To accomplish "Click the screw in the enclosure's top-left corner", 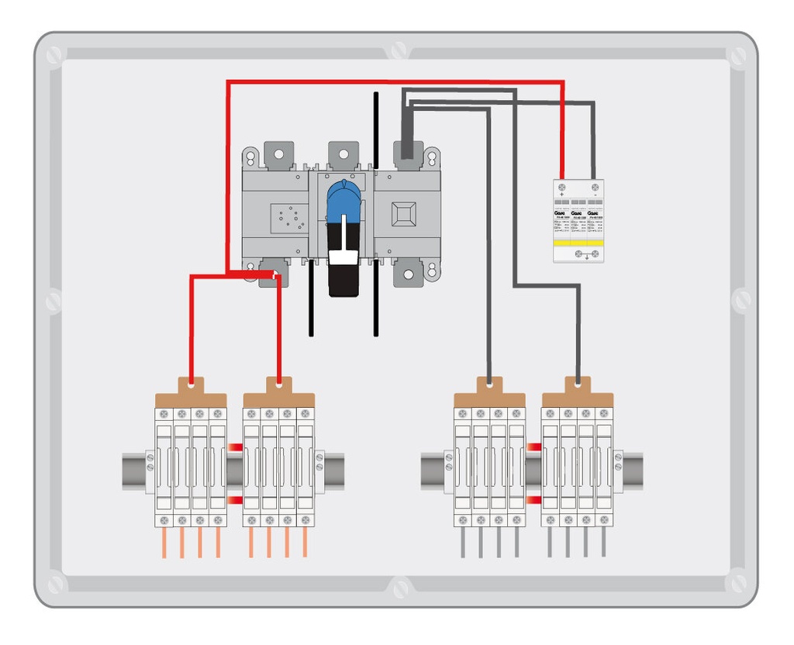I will point(54,55).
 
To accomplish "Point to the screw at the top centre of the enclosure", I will point(398,50).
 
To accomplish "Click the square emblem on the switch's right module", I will point(403,214).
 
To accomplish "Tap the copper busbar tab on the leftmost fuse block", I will point(191,391).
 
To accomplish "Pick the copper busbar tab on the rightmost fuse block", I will point(578,391).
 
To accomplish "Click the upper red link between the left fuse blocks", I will point(235,447).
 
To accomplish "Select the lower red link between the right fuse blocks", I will point(533,500).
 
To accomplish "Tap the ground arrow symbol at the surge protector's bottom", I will point(587,256).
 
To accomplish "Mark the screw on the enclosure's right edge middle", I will point(740,299).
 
